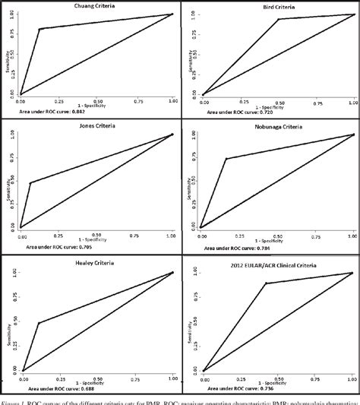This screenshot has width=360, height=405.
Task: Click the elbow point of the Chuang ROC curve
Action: click(x=39, y=29)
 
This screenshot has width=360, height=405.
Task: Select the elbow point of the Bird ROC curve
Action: click(x=278, y=20)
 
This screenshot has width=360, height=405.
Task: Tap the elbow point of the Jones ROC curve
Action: click(x=30, y=182)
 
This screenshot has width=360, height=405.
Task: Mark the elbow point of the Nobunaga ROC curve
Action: click(x=226, y=158)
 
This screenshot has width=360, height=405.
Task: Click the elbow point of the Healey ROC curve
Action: click(x=38, y=323)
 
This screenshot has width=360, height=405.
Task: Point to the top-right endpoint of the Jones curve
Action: click(x=172, y=134)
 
